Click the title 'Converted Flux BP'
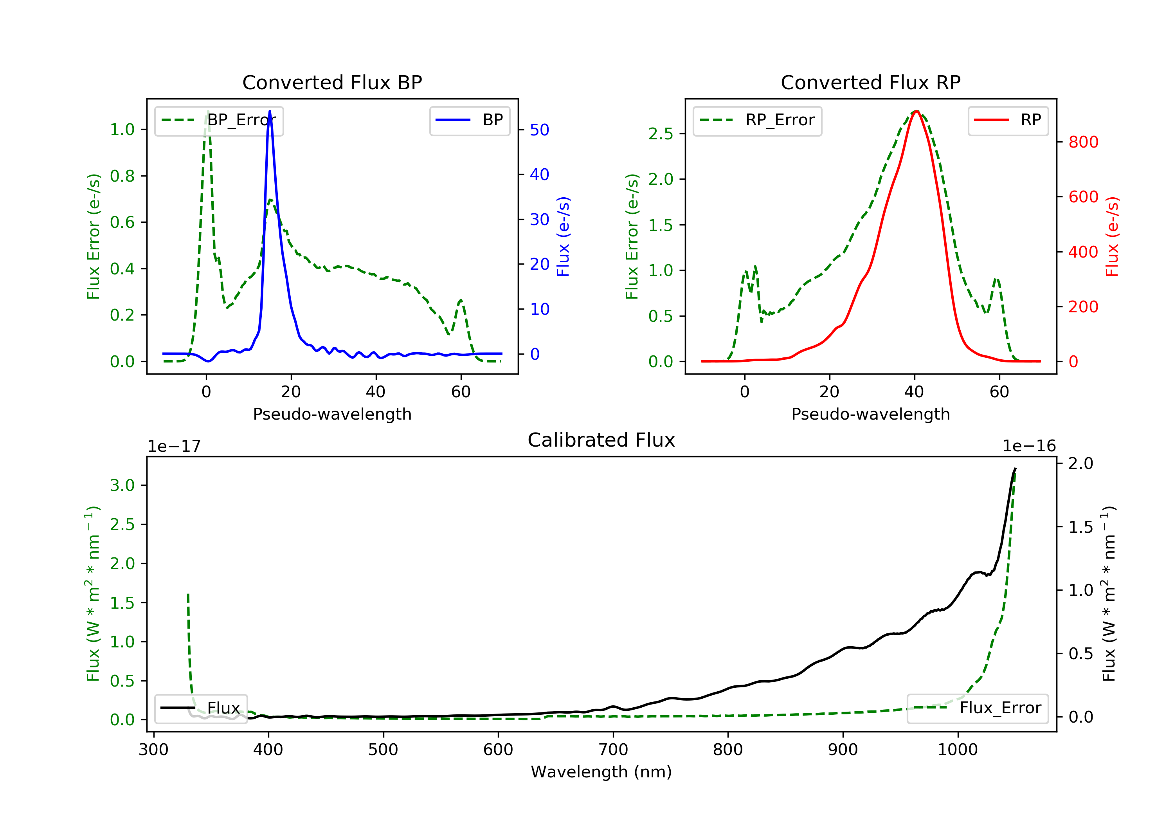coord(332,82)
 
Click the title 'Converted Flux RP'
coord(870,82)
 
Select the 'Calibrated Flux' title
coord(601,440)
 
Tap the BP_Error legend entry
coord(219,120)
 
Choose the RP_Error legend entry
coord(757,120)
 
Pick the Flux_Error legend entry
coord(977,708)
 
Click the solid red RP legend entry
coord(1008,120)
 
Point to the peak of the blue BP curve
coord(270,111)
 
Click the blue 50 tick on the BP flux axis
coord(539,130)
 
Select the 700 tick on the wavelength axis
coord(613,750)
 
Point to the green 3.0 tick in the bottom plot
coord(122,485)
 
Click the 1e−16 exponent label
coord(1029,446)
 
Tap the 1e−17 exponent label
coord(174,446)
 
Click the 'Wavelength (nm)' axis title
coord(601,772)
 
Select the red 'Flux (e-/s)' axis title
coord(1112,237)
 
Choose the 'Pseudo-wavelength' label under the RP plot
coord(870,414)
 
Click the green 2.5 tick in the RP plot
coord(661,134)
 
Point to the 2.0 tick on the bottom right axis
coord(1080,463)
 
